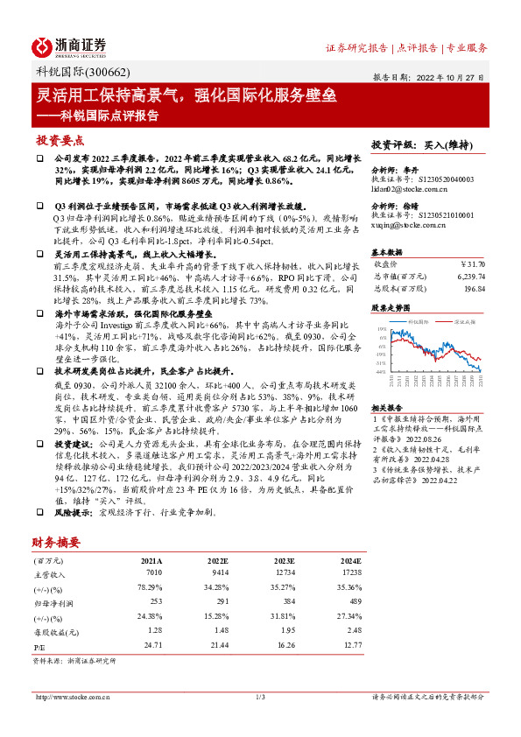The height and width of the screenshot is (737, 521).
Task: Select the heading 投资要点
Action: [x=60, y=140]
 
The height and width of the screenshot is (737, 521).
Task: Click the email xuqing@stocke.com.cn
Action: [x=408, y=225]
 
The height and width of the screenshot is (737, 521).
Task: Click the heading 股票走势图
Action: [x=391, y=308]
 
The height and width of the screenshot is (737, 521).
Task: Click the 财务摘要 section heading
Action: [x=58, y=543]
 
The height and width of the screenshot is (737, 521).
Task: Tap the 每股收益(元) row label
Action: [x=54, y=631]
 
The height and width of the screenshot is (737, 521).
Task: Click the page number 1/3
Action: [x=260, y=697]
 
